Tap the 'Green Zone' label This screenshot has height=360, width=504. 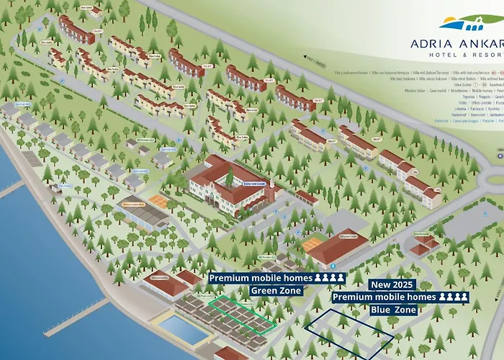(x=277, y=291)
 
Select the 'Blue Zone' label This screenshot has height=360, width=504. (x=396, y=310)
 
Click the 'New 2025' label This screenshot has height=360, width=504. (x=392, y=284)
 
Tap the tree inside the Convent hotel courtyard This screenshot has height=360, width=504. (x=229, y=176)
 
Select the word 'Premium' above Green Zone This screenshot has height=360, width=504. (x=230, y=278)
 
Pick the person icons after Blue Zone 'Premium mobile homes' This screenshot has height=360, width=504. (x=454, y=297)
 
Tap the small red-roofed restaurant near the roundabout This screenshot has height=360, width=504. (x=425, y=246)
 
